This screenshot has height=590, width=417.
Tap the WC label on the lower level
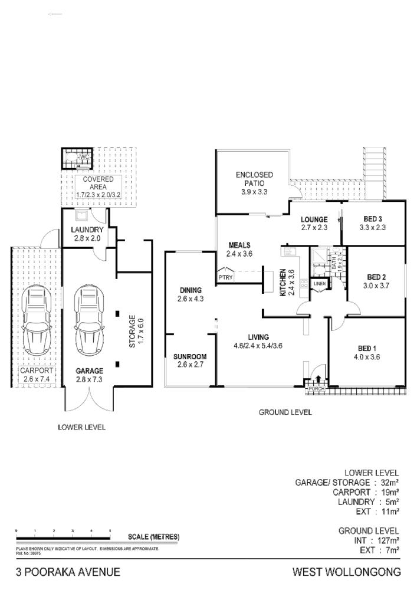click(x=84, y=157)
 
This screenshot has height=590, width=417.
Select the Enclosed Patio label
click(x=254, y=175)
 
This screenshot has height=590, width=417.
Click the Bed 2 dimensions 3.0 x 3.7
click(x=376, y=286)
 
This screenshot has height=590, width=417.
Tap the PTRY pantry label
click(x=225, y=276)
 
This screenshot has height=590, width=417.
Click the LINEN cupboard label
click(x=320, y=284)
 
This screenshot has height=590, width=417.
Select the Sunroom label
click(x=189, y=356)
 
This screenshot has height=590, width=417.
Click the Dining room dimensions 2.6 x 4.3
click(x=189, y=299)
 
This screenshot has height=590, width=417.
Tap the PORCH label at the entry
click(x=314, y=390)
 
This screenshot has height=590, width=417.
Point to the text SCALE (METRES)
click(x=153, y=537)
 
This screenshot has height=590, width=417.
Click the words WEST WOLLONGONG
click(x=347, y=572)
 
